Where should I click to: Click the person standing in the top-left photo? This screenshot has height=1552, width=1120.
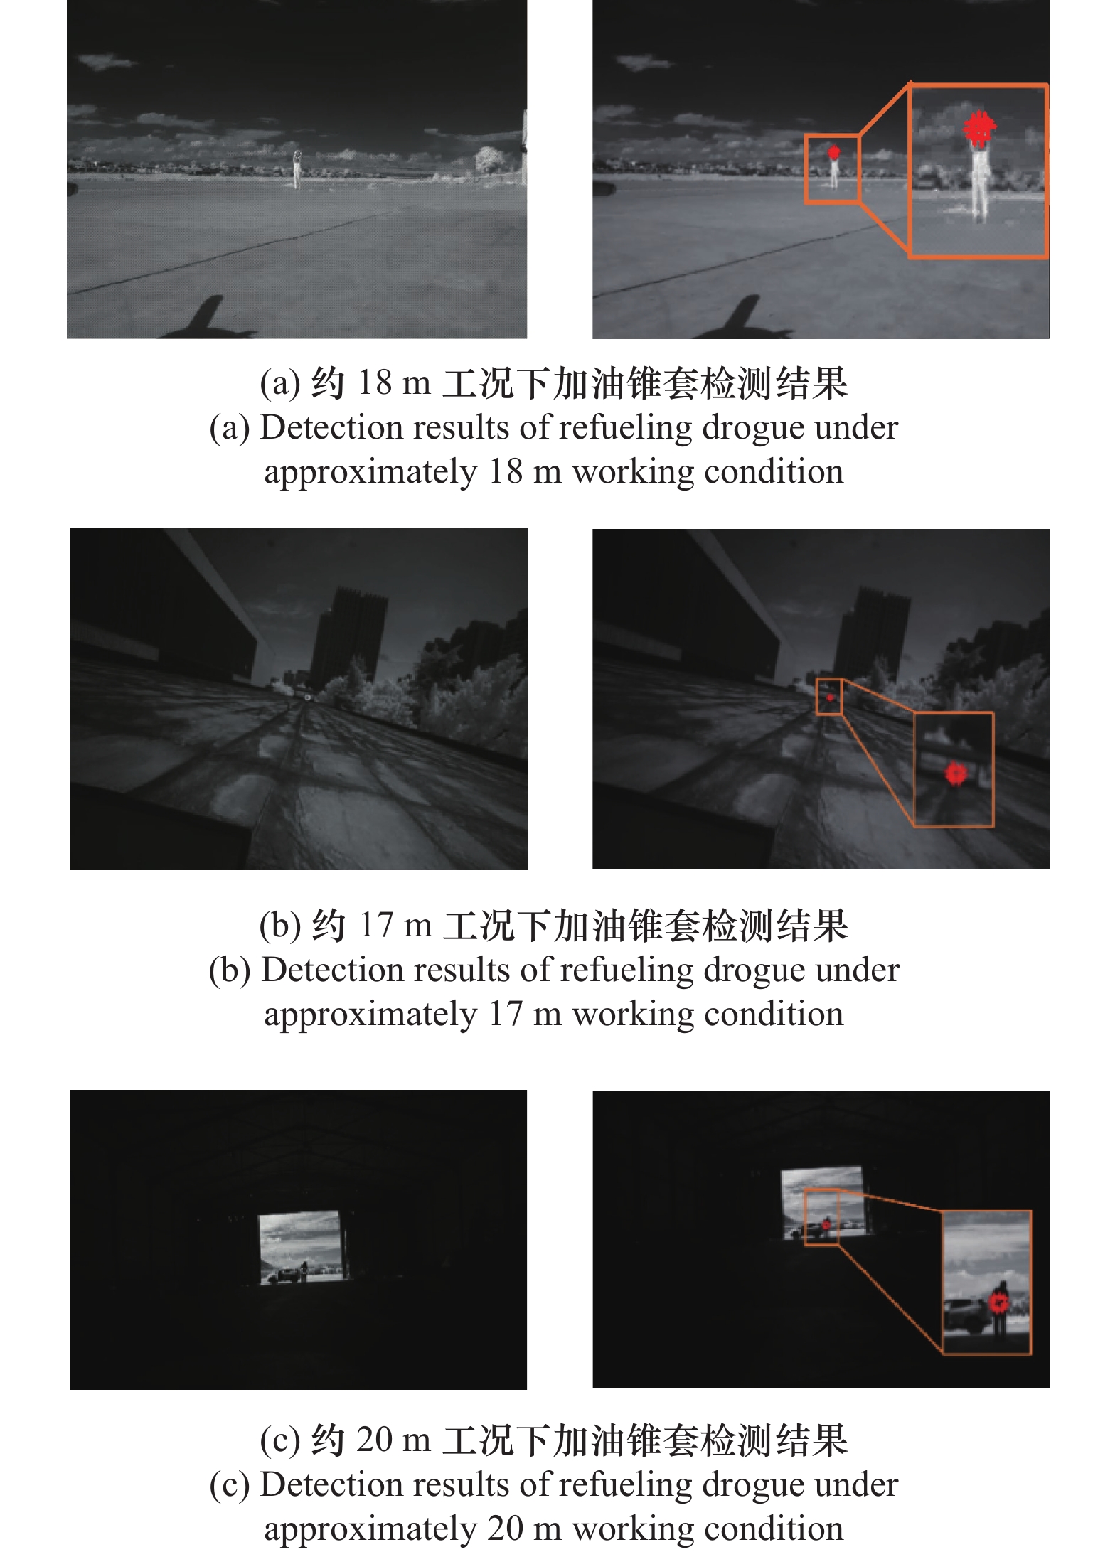(x=297, y=169)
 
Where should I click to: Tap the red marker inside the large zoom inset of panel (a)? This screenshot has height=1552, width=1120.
(x=979, y=129)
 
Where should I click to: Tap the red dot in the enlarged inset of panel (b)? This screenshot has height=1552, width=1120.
(x=956, y=773)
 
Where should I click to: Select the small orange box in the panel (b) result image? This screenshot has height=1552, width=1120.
(x=829, y=697)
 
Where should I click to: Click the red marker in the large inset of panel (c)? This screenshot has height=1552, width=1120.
(x=999, y=1302)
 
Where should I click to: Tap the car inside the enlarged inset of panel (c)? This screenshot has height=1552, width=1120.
(x=966, y=1316)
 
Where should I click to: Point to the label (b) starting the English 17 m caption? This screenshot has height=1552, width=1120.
(x=230, y=970)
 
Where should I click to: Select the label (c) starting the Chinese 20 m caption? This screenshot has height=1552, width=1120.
(x=280, y=1441)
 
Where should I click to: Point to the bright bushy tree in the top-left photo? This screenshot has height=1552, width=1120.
(x=489, y=159)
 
